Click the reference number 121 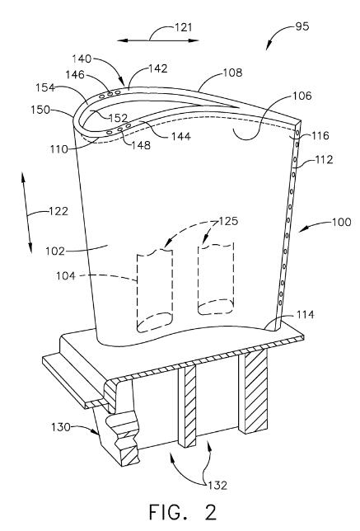[x=184, y=27]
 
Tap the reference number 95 [x=302, y=26]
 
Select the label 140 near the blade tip [x=82, y=59]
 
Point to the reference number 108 [x=233, y=73]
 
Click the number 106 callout [x=302, y=96]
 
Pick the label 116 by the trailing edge [x=320, y=136]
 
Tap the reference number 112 [x=324, y=159]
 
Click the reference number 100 [x=342, y=222]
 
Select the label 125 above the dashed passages [x=229, y=221]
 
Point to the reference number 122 [x=58, y=211]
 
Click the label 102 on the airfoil [x=55, y=251]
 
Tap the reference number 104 [x=66, y=276]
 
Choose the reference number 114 [x=305, y=315]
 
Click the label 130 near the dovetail [x=61, y=427]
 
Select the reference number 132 [x=217, y=486]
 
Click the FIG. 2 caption [x=183, y=512]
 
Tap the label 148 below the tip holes [x=141, y=145]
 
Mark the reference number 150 [x=40, y=110]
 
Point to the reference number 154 [x=45, y=87]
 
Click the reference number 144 [x=181, y=137]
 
